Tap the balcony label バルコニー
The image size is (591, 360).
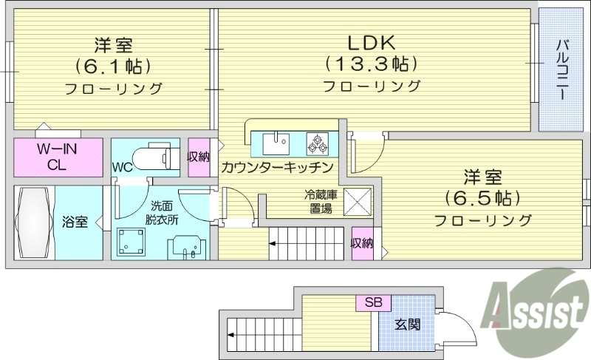(561, 71)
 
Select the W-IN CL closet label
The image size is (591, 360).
(57, 157)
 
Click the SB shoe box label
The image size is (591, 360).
(373, 303)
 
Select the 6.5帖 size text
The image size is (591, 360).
(482, 198)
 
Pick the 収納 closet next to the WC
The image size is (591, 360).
(198, 156)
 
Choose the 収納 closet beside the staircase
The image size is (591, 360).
(362, 243)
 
